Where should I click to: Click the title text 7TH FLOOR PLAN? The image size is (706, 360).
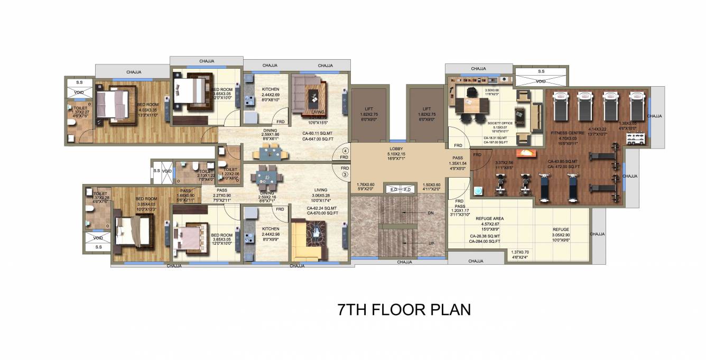(x=404, y=310)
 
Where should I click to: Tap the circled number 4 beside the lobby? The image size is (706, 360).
(x=345, y=150)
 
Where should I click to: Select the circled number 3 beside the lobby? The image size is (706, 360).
(x=345, y=174)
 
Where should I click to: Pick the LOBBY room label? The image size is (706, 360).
(x=396, y=150)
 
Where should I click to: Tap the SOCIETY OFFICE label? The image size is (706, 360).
(x=500, y=123)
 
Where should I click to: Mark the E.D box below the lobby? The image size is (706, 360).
(x=394, y=189)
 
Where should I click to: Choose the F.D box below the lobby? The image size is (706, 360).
(x=407, y=189)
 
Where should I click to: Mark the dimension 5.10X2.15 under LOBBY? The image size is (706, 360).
(x=396, y=154)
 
